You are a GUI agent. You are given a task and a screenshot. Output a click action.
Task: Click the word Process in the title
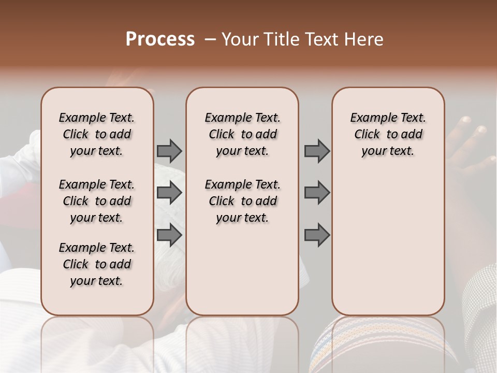160,39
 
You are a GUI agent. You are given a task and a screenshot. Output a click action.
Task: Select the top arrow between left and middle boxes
169,151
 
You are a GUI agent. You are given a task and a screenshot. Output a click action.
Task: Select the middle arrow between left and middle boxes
169,193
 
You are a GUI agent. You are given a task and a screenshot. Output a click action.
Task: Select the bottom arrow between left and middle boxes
169,235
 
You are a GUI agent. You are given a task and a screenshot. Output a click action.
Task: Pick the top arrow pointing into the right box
317,151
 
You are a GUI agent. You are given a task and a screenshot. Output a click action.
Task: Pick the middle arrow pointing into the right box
317,193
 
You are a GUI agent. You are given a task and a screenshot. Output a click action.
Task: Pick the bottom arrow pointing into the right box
317,235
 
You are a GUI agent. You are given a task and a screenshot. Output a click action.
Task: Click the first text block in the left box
97,134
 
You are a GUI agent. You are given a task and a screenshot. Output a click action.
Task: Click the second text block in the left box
97,201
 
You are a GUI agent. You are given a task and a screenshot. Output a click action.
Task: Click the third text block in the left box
97,264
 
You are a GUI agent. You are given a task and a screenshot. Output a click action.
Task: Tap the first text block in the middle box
242,134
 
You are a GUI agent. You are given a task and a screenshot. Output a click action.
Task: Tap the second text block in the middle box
242,201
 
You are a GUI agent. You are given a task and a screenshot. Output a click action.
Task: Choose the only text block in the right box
388,134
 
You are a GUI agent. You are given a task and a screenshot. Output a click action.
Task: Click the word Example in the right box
370,118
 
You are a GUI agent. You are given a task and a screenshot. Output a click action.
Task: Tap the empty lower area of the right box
388,243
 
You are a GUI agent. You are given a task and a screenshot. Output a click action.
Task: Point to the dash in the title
210,39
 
